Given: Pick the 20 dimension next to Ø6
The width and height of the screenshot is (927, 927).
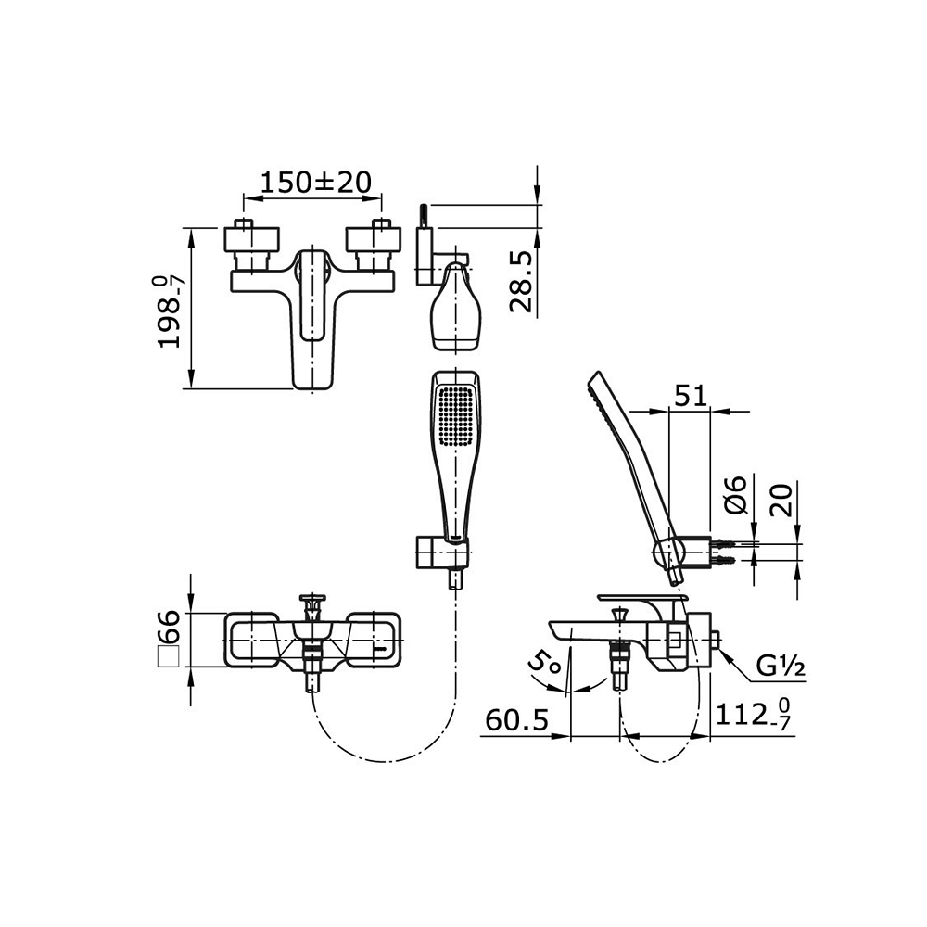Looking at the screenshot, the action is tap(782, 500).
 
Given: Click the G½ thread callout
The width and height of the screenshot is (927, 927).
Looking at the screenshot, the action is tap(781, 667).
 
